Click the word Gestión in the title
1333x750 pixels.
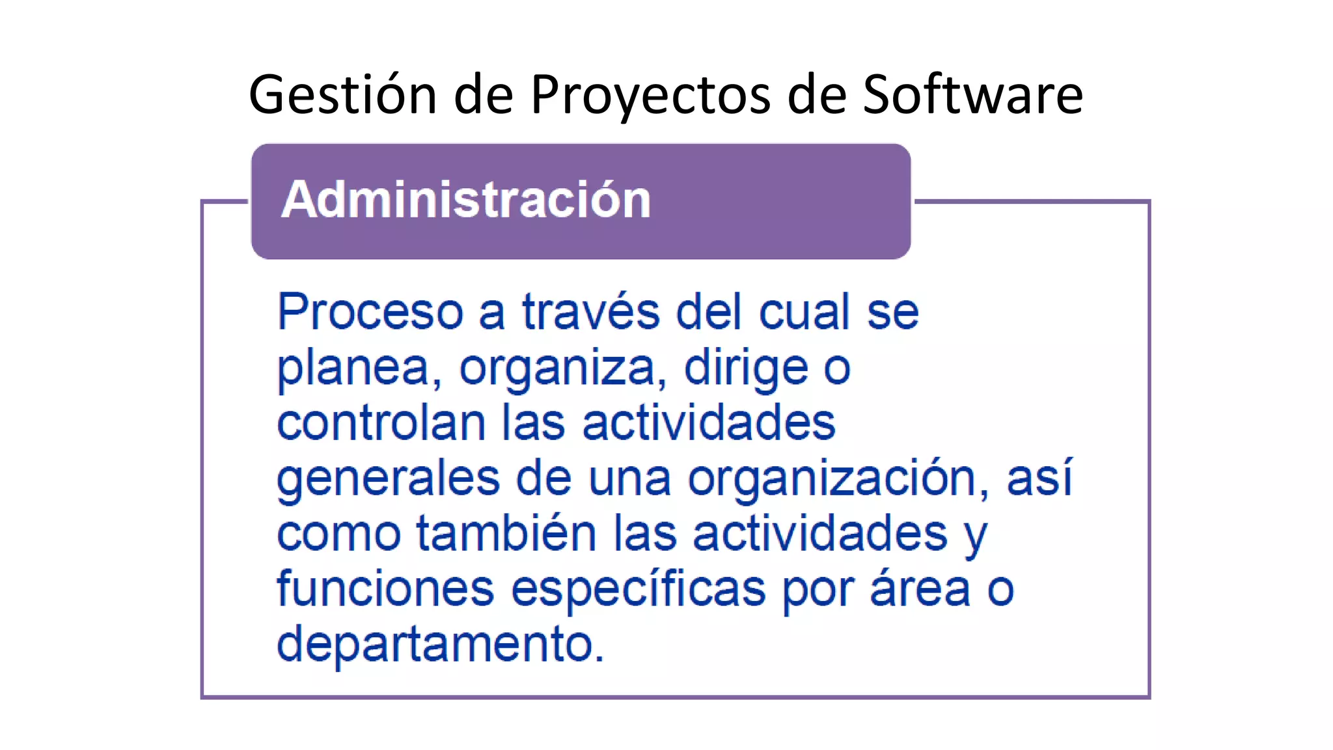pos(342,95)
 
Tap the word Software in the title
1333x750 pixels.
pos(972,95)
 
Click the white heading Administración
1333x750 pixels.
pos(466,199)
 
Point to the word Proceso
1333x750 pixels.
pos(370,312)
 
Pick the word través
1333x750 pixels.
pos(590,312)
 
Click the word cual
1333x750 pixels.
pos(804,312)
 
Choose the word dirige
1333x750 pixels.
pos(746,368)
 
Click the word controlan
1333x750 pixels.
pos(381,423)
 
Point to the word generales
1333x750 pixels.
pos(388,479)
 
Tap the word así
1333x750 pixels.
pos(1039,478)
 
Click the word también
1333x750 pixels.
pos(506,534)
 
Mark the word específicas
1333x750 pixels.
pos(638,590)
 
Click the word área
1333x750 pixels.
pos(920,589)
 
